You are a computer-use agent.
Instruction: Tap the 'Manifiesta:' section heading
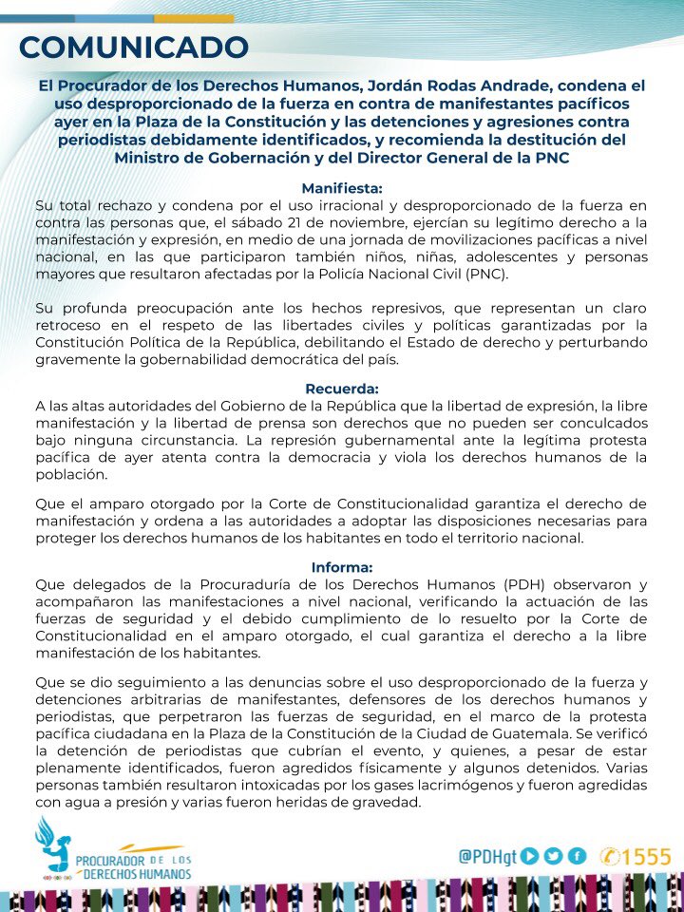(341, 188)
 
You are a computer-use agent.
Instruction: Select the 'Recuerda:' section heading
(342, 389)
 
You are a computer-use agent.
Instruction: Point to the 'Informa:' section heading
(342, 567)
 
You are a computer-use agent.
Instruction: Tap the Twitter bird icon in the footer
(554, 855)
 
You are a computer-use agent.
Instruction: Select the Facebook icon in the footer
(576, 855)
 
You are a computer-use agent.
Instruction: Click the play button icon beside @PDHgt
(530, 855)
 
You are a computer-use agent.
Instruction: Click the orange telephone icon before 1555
(610, 856)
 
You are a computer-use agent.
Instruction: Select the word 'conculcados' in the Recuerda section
(595, 423)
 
